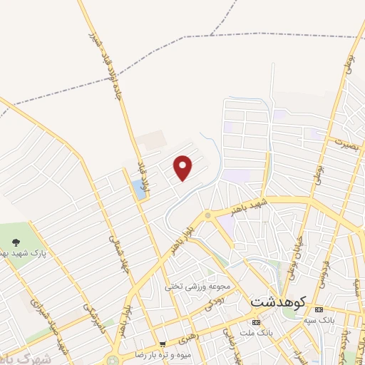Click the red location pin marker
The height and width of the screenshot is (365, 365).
[183, 168]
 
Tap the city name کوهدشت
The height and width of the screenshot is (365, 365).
[278, 302]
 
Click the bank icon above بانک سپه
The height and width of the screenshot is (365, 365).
[318, 310]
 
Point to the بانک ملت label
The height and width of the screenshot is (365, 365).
[257, 333]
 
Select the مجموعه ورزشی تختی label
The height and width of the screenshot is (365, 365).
[199, 287]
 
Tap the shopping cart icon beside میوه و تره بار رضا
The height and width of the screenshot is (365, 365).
[163, 344]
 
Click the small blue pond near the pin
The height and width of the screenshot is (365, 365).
[138, 189]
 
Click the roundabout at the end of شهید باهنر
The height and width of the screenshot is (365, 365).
[207, 215]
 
